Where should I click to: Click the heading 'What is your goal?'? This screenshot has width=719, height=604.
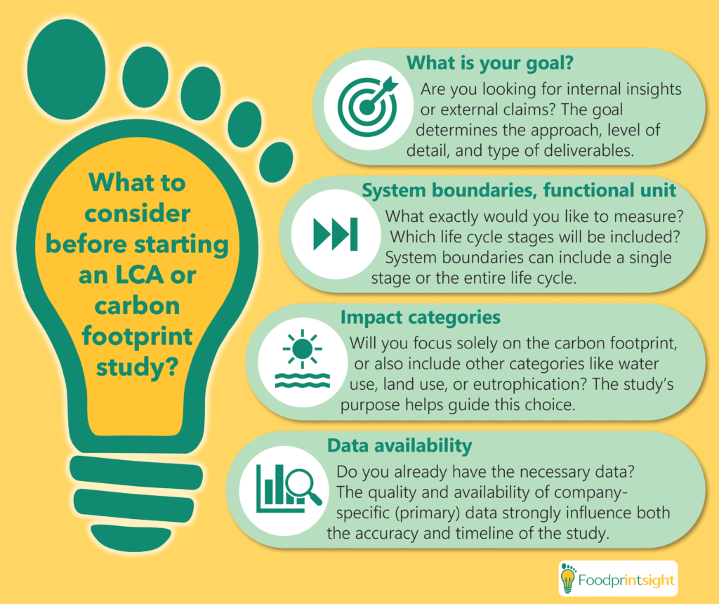490,63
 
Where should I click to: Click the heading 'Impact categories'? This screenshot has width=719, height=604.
420,317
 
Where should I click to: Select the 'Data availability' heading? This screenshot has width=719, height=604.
400,445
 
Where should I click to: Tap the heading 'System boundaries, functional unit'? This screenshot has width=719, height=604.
519,190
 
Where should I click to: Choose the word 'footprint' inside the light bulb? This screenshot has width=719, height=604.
138,337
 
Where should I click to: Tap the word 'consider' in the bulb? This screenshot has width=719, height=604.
138,214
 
